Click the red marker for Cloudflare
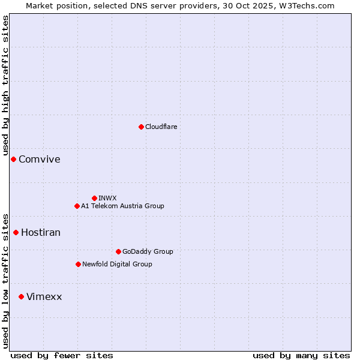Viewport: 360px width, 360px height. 141,127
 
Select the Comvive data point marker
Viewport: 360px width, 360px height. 13,159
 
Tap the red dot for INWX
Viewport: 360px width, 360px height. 94,198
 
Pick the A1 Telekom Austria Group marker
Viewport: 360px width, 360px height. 77,206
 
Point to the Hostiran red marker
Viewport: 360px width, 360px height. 16,232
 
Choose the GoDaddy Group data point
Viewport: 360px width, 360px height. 118,251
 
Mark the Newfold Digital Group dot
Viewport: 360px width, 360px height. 78,264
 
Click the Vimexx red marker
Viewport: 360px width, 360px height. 21,296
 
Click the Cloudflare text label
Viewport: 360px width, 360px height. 161,127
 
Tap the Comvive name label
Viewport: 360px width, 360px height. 40,160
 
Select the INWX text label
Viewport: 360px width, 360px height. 107,198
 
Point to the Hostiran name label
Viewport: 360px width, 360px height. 41,233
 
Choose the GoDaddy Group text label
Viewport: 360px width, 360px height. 148,252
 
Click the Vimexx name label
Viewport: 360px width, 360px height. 44,297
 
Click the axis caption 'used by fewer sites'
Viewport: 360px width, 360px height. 62,355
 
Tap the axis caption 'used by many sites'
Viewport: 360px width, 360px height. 301,355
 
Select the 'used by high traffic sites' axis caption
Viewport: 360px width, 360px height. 6,86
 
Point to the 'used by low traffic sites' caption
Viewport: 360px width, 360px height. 6,280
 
